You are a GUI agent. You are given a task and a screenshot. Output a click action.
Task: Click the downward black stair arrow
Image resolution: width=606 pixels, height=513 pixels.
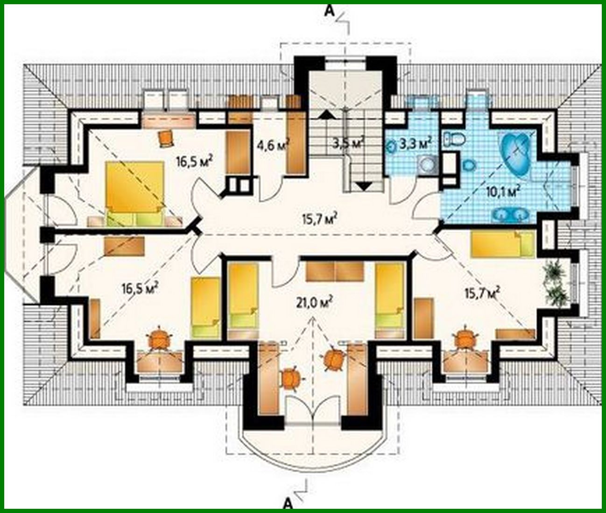point(364,186)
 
